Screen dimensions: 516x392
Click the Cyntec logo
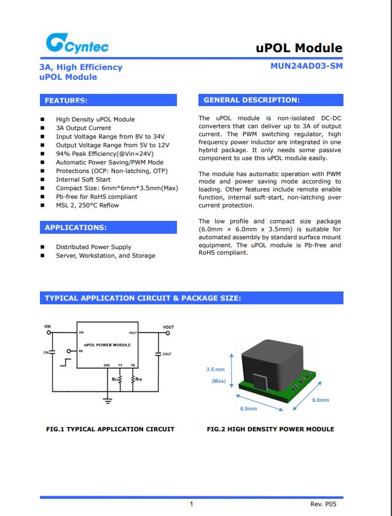(x=73, y=44)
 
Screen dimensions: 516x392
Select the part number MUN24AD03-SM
(x=307, y=67)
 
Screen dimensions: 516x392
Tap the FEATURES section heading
(x=66, y=100)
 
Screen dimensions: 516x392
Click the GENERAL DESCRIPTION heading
(x=251, y=100)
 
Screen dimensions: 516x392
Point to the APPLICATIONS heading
(x=76, y=228)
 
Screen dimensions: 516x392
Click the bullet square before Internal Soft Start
(x=42, y=180)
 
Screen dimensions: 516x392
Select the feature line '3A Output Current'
(x=84, y=128)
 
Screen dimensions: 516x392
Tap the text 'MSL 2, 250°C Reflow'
(x=87, y=206)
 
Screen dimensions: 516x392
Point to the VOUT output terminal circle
(x=168, y=334)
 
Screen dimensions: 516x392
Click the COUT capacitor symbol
(x=159, y=354)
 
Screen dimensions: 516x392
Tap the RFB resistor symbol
(x=133, y=380)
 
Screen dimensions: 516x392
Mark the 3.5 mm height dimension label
(x=215, y=369)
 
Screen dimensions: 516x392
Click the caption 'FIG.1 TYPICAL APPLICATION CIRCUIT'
(x=110, y=429)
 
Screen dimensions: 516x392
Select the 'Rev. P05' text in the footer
(x=324, y=504)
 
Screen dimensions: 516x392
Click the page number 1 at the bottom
(x=192, y=504)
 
